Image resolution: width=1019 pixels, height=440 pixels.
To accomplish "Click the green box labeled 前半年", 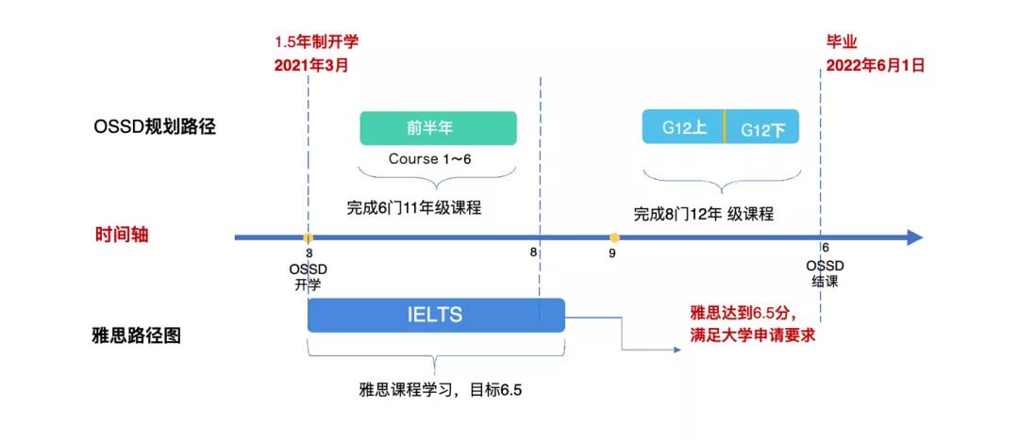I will point(438,128).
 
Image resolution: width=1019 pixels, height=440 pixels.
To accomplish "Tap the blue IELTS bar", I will point(435,315).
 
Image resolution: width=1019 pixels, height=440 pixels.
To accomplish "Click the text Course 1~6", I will point(429,158).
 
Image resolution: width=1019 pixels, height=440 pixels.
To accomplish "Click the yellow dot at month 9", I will point(614,237).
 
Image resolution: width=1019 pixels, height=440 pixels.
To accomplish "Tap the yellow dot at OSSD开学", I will point(308,237).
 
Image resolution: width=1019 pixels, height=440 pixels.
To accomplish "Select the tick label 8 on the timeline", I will point(534,253).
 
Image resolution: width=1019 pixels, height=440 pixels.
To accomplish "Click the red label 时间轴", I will point(122,236).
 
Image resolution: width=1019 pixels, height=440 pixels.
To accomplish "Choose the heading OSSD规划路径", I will point(156,125).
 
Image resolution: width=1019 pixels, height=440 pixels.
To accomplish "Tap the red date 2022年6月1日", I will point(875,65).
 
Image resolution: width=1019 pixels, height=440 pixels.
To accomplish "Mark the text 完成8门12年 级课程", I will point(703,214).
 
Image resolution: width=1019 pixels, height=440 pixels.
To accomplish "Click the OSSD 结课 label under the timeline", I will point(824,273).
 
